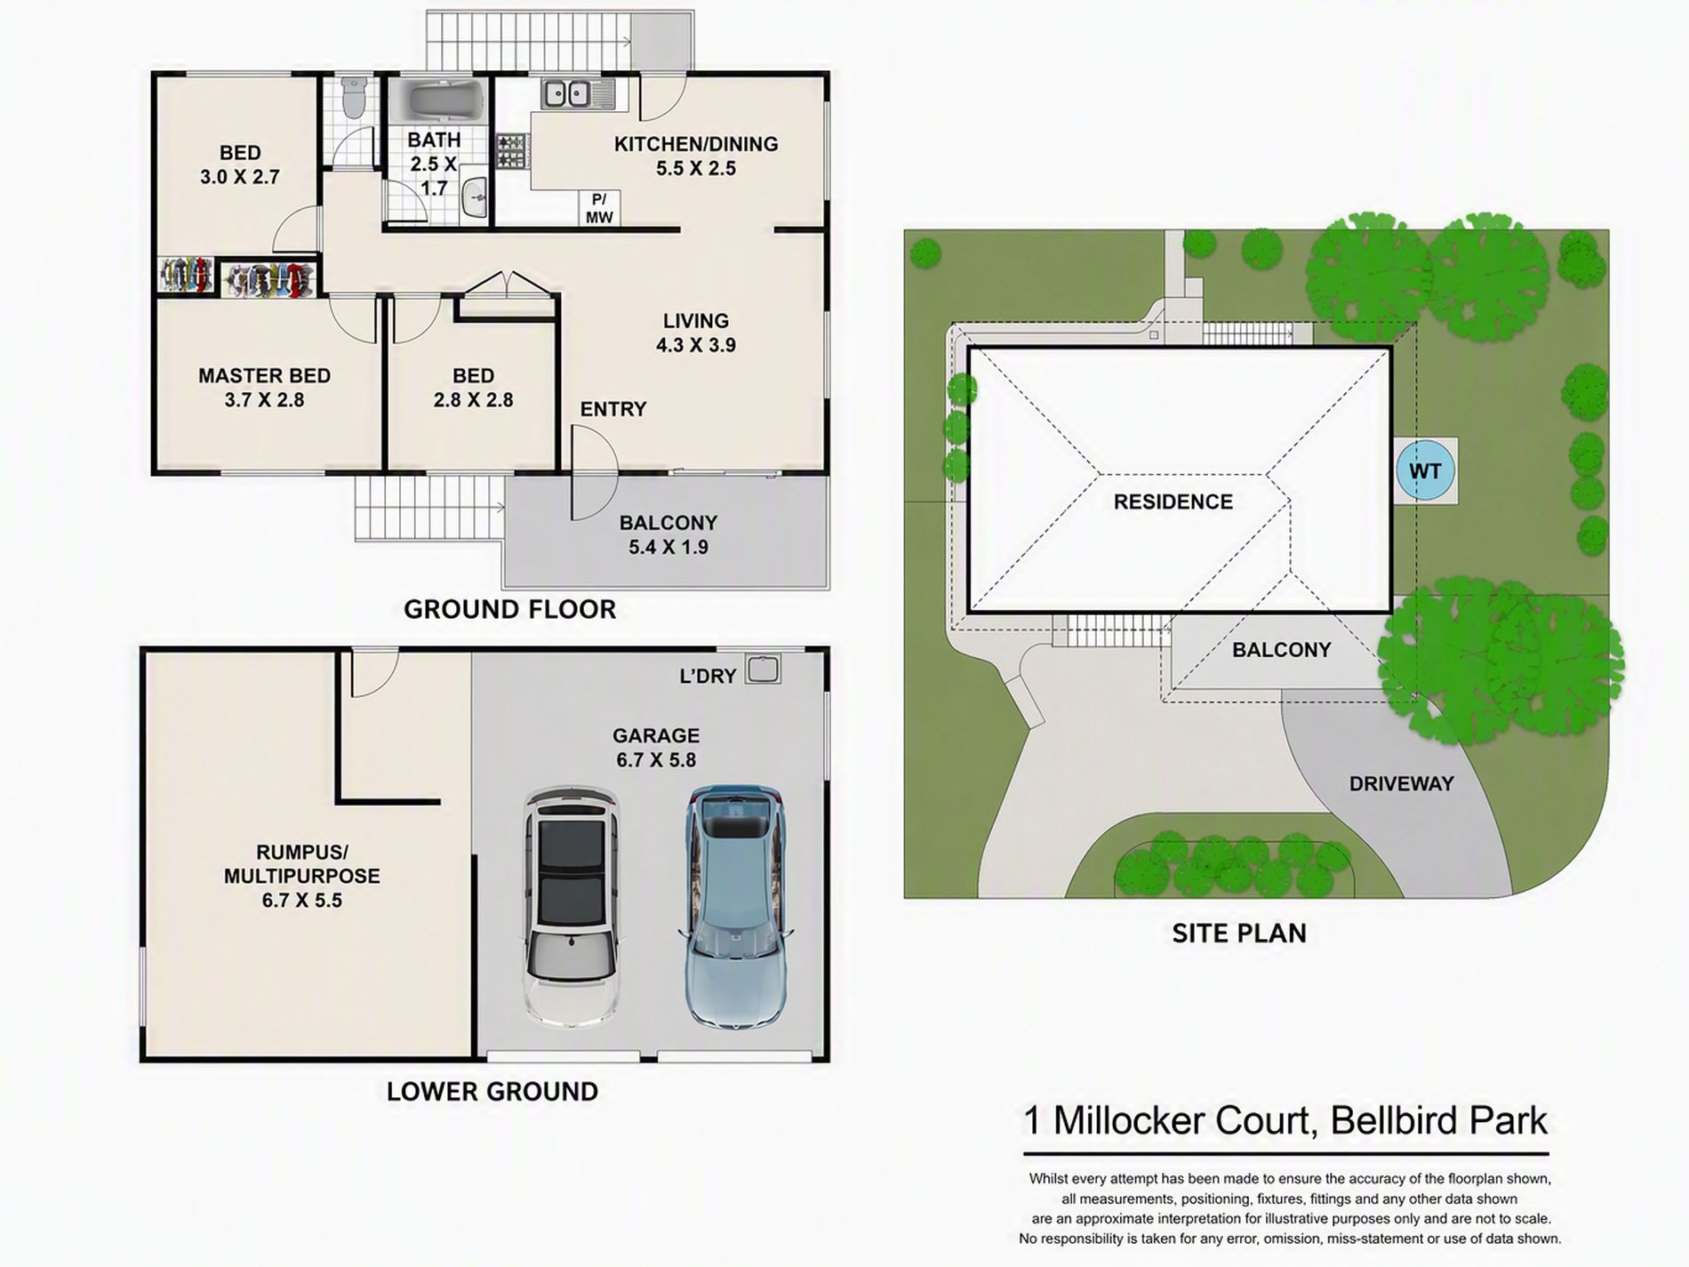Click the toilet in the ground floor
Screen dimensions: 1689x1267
coord(353,97)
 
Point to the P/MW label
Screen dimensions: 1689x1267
coord(599,208)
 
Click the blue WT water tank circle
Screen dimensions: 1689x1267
coord(1425,470)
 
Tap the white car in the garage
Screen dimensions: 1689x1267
coord(571,906)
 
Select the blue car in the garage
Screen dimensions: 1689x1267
coord(734,907)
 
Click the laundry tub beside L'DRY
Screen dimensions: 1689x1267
coord(763,669)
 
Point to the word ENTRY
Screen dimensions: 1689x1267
coord(613,409)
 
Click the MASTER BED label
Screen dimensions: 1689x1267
coord(264,375)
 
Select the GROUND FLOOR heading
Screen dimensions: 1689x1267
coord(509,609)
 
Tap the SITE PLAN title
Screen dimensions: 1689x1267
coord(1239,933)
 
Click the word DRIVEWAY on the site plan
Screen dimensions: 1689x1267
coord(1401,783)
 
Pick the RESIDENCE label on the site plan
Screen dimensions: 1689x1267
coord(1173,501)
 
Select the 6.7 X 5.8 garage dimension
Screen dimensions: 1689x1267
coord(656,759)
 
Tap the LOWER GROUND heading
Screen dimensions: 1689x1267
coord(492,1091)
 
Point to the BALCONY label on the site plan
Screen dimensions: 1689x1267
coord(1281,650)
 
